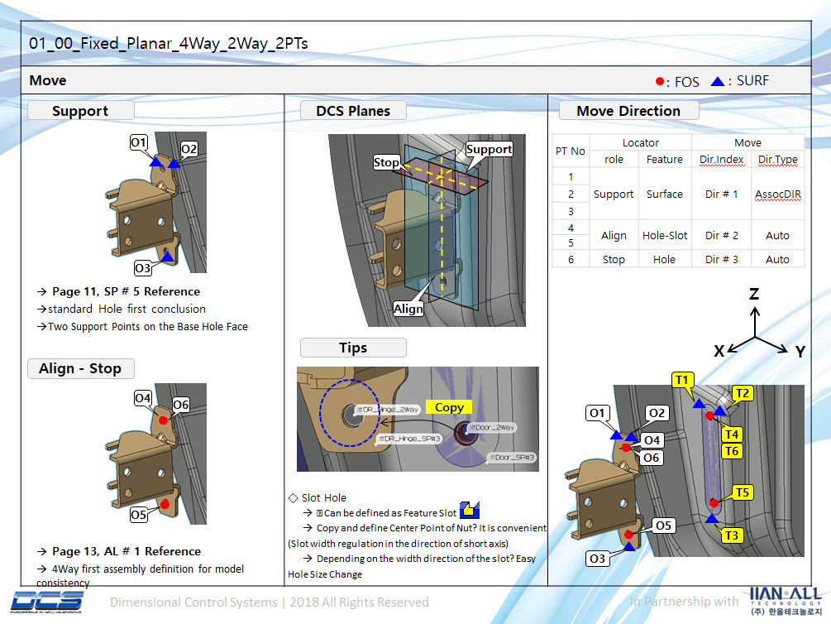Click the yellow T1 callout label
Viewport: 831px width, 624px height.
pos(682,380)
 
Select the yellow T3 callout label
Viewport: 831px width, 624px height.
pos(731,535)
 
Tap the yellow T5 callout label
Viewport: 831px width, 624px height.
pos(742,493)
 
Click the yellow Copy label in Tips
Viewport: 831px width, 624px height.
pos(449,407)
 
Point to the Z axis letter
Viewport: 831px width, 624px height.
pos(754,294)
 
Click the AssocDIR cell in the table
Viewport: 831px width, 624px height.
pos(777,194)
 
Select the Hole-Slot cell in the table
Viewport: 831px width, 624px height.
pos(665,236)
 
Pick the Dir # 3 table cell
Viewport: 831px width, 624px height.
pos(721,259)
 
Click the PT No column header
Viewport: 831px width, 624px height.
pos(571,151)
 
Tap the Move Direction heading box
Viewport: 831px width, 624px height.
pos(628,111)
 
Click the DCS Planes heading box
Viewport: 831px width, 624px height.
pos(352,111)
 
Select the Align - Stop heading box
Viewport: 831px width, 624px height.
pos(80,368)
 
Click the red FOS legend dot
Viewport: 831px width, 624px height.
pos(659,81)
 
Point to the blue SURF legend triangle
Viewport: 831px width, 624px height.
pos(718,81)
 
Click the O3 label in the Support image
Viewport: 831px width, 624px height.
pos(142,268)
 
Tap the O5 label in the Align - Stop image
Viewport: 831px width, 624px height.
pos(139,516)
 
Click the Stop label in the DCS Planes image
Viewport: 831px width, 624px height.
pos(386,162)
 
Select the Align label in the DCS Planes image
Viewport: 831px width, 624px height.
pos(408,309)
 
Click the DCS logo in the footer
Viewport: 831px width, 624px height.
pos(48,601)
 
